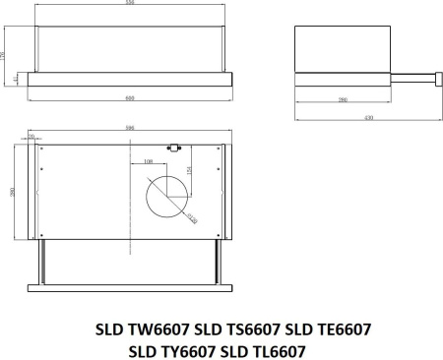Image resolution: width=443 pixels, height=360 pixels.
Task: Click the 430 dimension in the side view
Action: [x=368, y=118]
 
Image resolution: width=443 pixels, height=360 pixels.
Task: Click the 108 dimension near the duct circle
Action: [x=149, y=160]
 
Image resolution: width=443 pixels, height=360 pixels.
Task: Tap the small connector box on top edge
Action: [x=176, y=149]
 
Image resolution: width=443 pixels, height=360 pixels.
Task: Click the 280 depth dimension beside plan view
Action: [x=11, y=191]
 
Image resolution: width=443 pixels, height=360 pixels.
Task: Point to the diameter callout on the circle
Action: [x=192, y=217]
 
